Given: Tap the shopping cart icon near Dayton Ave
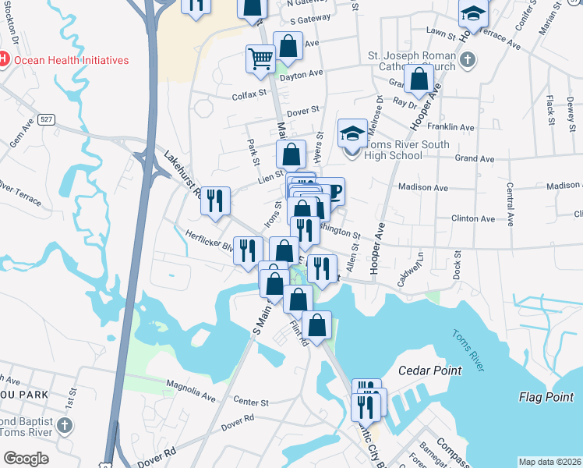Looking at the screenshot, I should [x=260, y=58].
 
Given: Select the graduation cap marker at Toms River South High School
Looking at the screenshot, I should [x=352, y=133].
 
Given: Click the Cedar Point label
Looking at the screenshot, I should [x=429, y=370].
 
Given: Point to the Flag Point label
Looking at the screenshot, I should [x=546, y=398].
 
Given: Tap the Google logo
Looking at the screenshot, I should [x=26, y=459].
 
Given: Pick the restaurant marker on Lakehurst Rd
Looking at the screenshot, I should [x=215, y=200].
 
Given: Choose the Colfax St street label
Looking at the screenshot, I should [x=228, y=97].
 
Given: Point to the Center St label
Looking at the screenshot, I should [x=250, y=402].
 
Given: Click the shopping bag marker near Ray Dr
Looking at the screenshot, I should [x=419, y=78].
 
